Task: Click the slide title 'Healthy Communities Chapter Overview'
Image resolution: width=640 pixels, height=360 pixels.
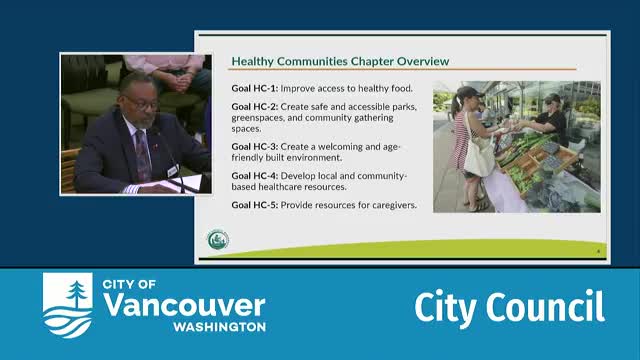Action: click(340, 60)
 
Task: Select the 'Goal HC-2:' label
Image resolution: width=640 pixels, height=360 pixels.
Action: click(254, 106)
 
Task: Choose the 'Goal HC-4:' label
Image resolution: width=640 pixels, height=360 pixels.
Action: click(254, 176)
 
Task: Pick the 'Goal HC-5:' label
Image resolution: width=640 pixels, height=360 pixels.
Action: click(254, 205)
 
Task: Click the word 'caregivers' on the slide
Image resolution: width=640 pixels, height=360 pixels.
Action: click(390, 205)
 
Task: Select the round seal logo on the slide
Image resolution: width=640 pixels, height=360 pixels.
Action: click(217, 239)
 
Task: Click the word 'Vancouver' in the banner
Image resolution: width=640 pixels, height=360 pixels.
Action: click(184, 306)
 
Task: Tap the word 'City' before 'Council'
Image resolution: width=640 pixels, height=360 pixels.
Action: click(441, 308)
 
